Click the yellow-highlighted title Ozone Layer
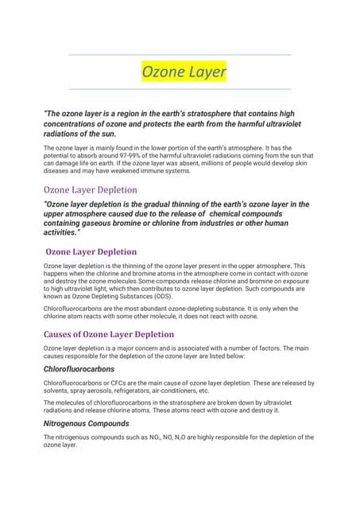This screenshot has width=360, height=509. pos(184,72)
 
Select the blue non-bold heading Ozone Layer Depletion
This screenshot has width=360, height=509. pos(90,190)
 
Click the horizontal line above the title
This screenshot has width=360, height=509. pos(180,55)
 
